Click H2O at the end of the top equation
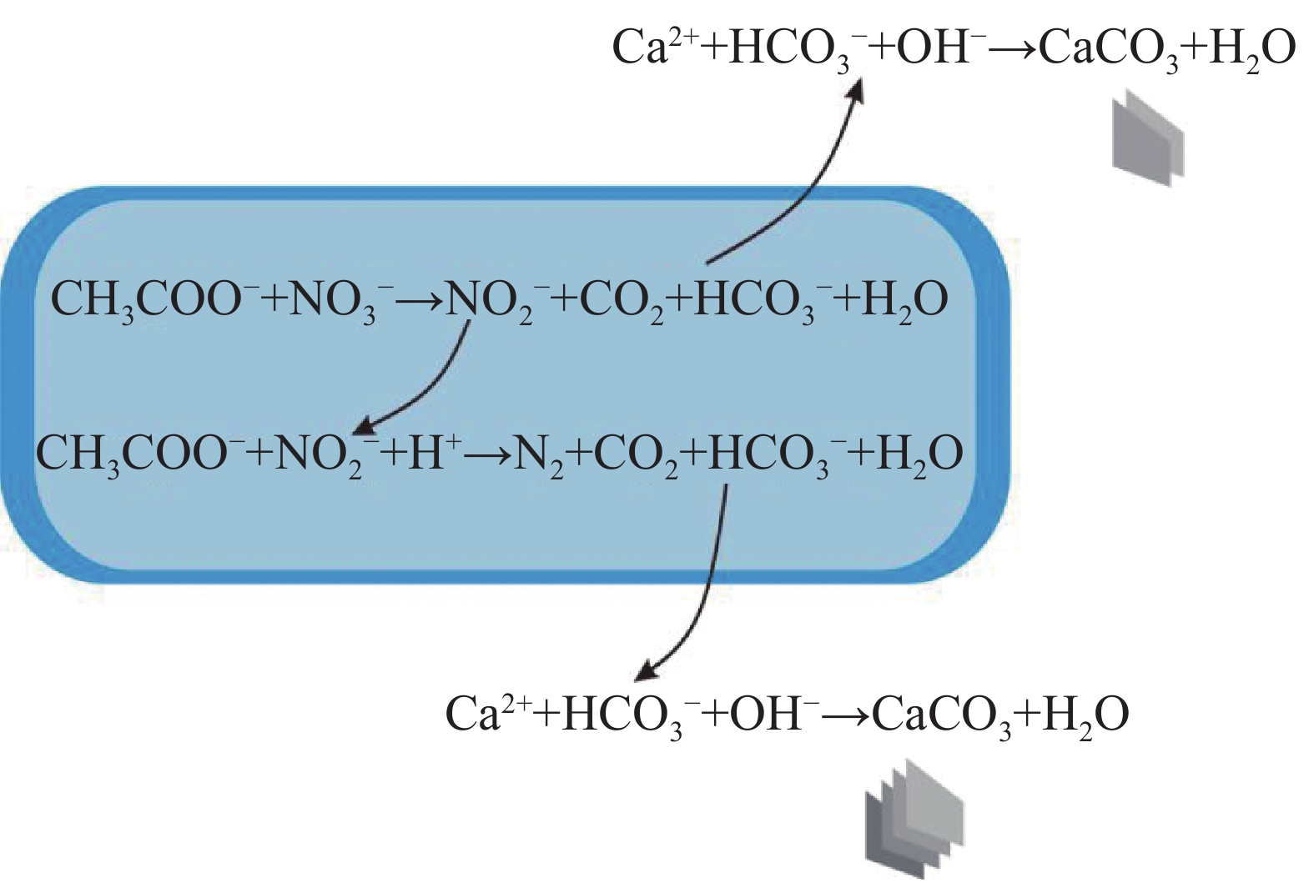pyautogui.click(x=1251, y=48)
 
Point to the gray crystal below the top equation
pyautogui.click(x=1148, y=138)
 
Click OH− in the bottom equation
pyautogui.click(x=772, y=714)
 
